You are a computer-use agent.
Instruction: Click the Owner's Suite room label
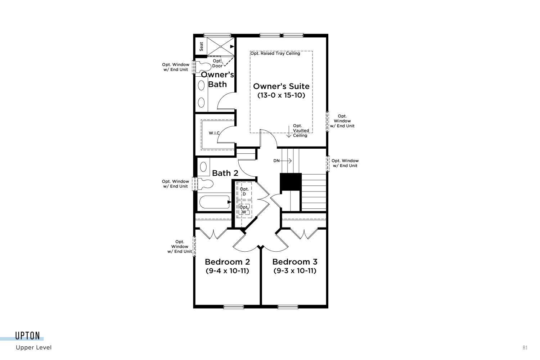[x=281, y=86]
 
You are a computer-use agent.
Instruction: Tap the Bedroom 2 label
[x=227, y=262]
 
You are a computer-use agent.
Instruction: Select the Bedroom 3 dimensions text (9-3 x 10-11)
[x=295, y=271]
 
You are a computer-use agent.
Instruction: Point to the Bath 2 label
[x=225, y=173]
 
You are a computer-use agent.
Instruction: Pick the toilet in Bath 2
[x=205, y=184]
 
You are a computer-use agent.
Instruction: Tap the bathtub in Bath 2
[x=215, y=202]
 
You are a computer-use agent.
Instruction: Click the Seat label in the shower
[x=201, y=46]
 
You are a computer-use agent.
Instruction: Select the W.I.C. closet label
[x=214, y=133]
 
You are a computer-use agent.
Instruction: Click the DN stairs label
[x=276, y=161]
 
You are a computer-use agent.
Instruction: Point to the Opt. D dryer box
[x=244, y=191]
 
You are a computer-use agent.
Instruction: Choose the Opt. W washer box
[x=244, y=209]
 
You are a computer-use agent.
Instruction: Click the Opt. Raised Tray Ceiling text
[x=275, y=53]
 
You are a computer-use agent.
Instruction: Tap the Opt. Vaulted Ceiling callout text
[x=300, y=130]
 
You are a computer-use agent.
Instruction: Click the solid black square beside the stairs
[x=291, y=181]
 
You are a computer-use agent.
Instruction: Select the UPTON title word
[x=27, y=336]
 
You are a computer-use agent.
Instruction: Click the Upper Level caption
[x=34, y=347]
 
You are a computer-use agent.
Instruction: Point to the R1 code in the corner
[x=525, y=348]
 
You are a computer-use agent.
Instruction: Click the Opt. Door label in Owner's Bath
[x=217, y=63]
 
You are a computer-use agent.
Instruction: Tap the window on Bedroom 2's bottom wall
[x=233, y=307]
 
